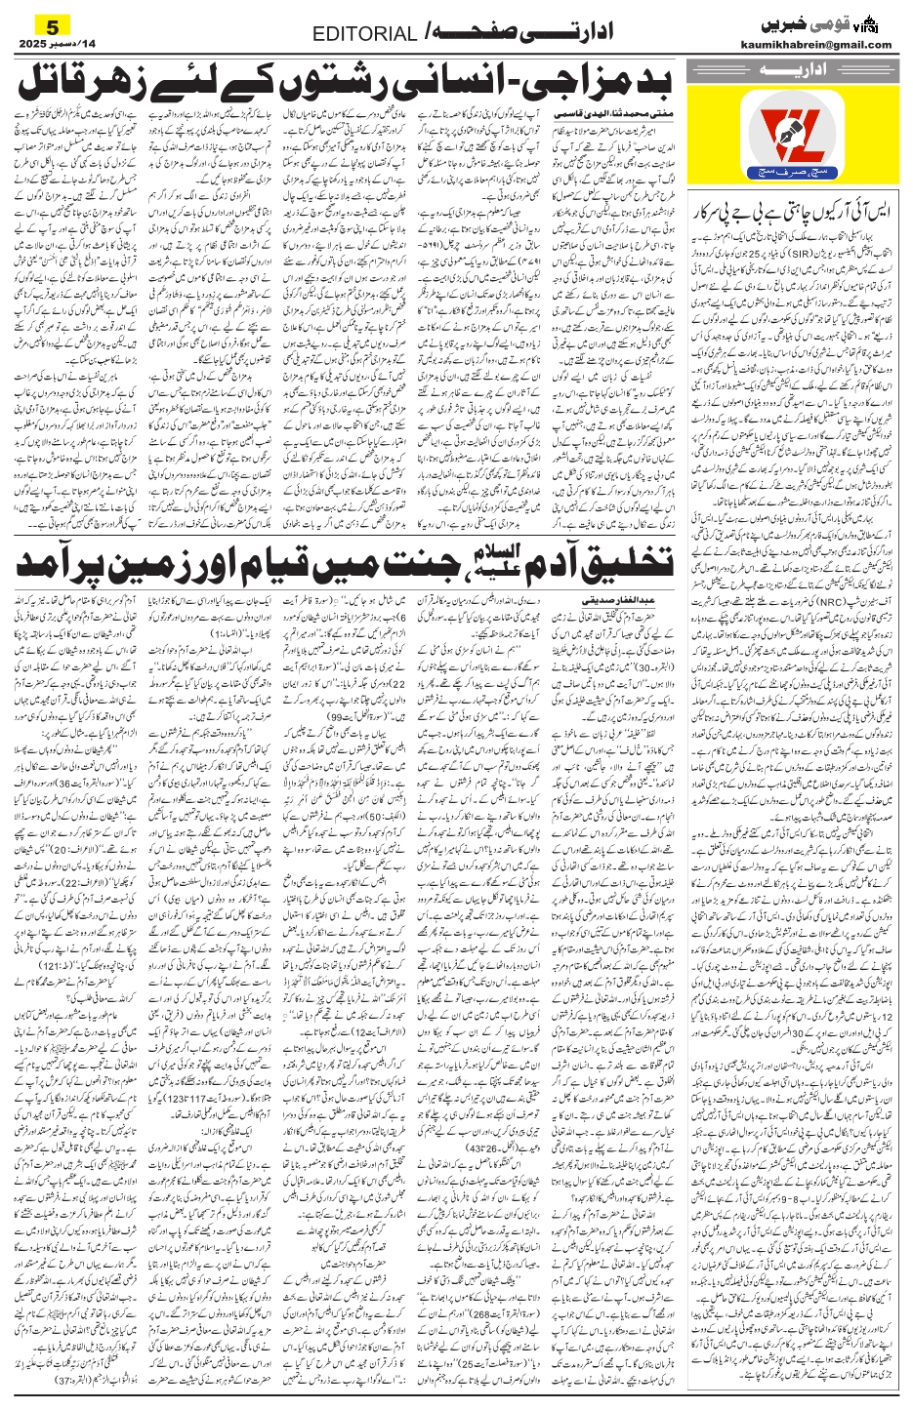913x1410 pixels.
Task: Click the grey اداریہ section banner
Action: click(792, 70)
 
